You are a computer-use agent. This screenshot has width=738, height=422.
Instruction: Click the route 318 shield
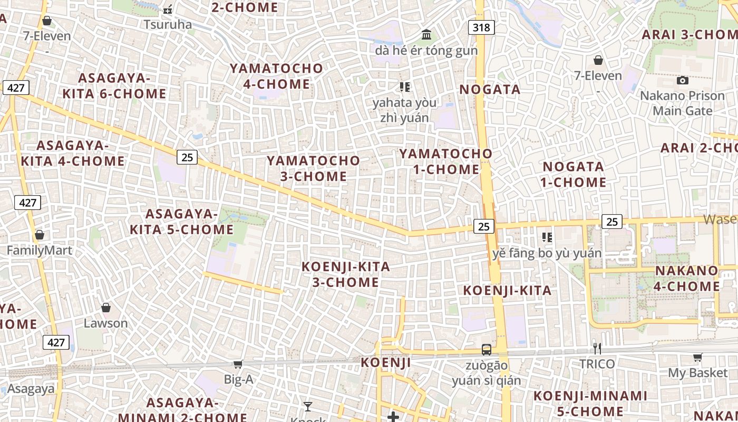click(x=481, y=27)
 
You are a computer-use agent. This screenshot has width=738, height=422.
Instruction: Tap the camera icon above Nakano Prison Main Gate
click(x=683, y=80)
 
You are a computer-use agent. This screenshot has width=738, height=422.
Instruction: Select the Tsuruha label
click(x=168, y=24)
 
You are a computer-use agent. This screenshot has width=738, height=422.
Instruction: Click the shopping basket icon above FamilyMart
click(x=40, y=235)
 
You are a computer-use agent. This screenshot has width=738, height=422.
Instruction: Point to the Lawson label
click(x=106, y=323)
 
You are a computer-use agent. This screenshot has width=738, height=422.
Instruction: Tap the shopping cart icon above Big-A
click(x=238, y=364)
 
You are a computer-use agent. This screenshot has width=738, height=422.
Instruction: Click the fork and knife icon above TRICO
click(x=597, y=348)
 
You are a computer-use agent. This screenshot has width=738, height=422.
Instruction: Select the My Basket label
click(x=697, y=373)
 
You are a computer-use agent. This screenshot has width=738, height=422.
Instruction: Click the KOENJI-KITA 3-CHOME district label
click(x=346, y=274)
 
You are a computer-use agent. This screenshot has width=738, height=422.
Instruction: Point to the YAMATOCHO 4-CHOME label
click(x=277, y=76)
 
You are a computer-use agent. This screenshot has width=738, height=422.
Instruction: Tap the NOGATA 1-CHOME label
click(x=574, y=175)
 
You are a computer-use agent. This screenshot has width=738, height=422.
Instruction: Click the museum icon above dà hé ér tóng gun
click(x=426, y=35)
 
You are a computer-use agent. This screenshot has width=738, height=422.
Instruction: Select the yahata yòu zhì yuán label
click(x=404, y=110)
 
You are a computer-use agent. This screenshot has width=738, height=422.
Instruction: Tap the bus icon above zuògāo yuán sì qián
click(x=487, y=349)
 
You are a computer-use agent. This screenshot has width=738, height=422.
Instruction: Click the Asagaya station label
click(x=31, y=389)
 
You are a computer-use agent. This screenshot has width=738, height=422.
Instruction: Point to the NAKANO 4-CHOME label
click(x=687, y=279)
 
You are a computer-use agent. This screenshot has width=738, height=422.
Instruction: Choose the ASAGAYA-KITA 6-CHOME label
click(x=114, y=86)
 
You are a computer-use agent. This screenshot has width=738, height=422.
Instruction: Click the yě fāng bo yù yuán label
click(x=547, y=253)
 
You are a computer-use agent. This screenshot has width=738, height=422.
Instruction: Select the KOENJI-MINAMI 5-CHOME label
click(x=590, y=404)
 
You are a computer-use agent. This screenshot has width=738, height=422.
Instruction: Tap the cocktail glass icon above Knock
click(x=308, y=407)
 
